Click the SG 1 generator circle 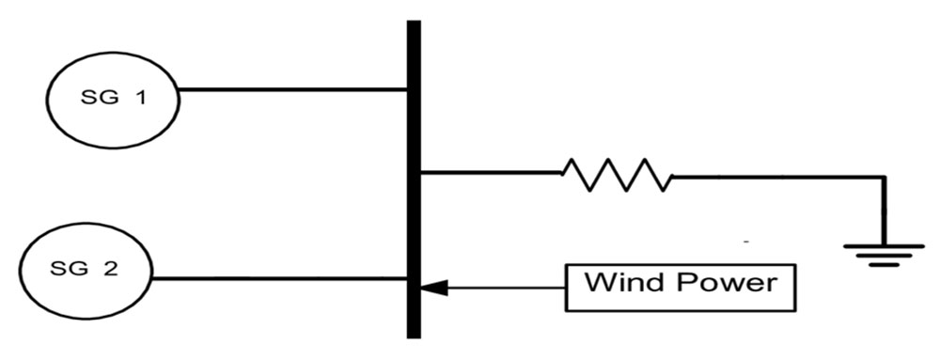[x=48, y=99]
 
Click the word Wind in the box [x=626, y=282]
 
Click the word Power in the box [x=727, y=282]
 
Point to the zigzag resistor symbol [x=617, y=175]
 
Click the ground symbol [x=884, y=255]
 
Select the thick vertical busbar [x=414, y=180]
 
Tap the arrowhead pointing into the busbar [x=433, y=288]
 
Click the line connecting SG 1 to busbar [x=293, y=90]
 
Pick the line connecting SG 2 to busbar [x=279, y=278]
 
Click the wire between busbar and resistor [x=491, y=173]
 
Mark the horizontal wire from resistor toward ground [x=778, y=177]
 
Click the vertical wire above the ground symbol [x=884, y=211]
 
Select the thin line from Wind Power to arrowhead [x=506, y=288]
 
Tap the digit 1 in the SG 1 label [x=140, y=98]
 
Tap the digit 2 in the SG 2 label [x=111, y=270]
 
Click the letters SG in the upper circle [x=97, y=98]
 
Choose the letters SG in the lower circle [x=67, y=270]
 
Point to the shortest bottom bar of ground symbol [x=884, y=264]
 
